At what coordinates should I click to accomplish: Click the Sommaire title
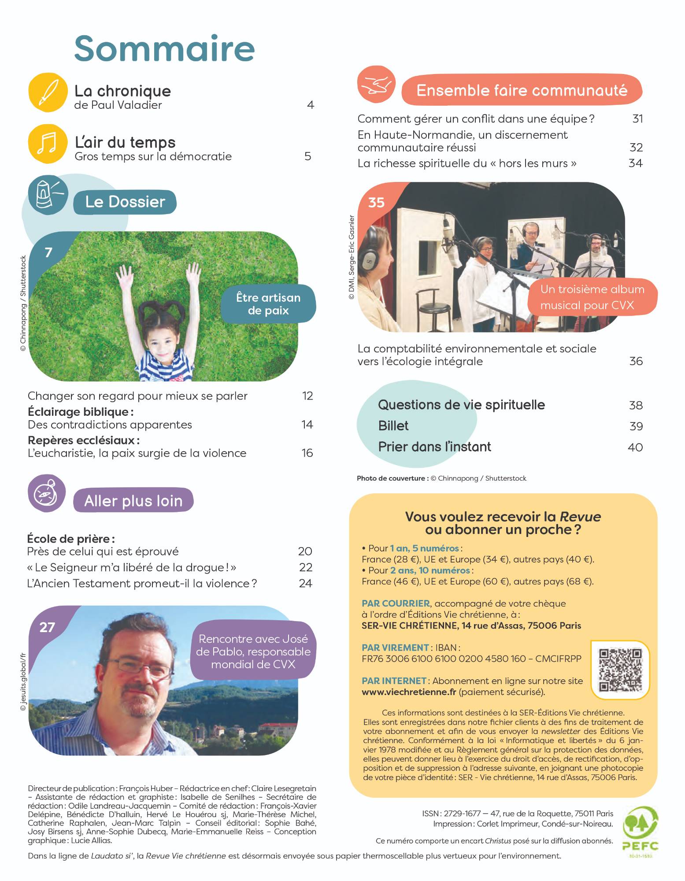click(164, 48)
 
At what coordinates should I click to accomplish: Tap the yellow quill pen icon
click(48, 92)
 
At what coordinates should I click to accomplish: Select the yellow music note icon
click(48, 144)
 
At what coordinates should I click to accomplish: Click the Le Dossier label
click(125, 202)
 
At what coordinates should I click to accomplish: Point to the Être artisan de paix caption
click(268, 304)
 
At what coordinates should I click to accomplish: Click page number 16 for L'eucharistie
click(307, 453)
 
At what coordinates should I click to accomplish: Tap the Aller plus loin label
click(133, 501)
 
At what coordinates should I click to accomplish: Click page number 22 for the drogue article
click(305, 567)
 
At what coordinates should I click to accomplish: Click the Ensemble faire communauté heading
click(522, 90)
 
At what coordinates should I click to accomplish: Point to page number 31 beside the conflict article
click(637, 118)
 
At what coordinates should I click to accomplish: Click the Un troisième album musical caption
click(592, 297)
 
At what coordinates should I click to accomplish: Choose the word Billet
click(393, 426)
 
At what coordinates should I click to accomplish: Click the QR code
click(621, 670)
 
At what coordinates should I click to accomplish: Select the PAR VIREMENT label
click(395, 648)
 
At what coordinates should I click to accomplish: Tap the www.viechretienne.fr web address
click(409, 692)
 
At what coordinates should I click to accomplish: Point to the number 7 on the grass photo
click(48, 253)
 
